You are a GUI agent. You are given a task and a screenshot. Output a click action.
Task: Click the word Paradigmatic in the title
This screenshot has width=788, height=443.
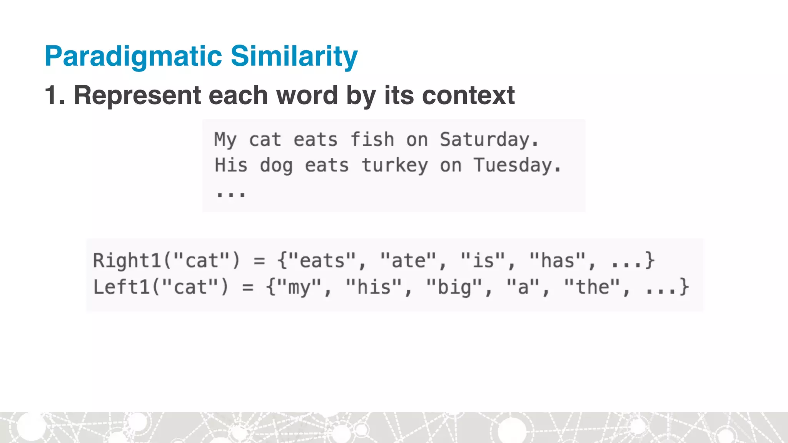133,57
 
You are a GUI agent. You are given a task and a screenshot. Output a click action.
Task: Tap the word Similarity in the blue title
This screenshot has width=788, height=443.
294,56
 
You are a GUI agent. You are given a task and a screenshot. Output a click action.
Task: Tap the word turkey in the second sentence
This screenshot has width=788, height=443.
394,165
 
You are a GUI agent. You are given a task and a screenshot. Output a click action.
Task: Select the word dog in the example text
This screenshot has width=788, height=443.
276,166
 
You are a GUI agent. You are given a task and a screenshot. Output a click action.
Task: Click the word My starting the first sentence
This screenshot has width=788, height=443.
225,140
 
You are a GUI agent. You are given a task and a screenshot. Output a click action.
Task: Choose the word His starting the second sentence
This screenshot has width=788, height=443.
231,165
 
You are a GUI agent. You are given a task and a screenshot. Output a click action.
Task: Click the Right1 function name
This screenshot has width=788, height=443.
127,260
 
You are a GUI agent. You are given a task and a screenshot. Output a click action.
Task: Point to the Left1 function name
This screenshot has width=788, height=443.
121,287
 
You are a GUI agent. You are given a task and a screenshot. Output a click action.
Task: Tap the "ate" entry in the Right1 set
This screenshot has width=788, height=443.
408,260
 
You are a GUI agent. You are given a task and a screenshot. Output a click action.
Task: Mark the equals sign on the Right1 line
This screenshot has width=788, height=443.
259,261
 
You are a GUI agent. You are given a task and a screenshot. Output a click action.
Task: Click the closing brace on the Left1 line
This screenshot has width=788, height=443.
684,287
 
